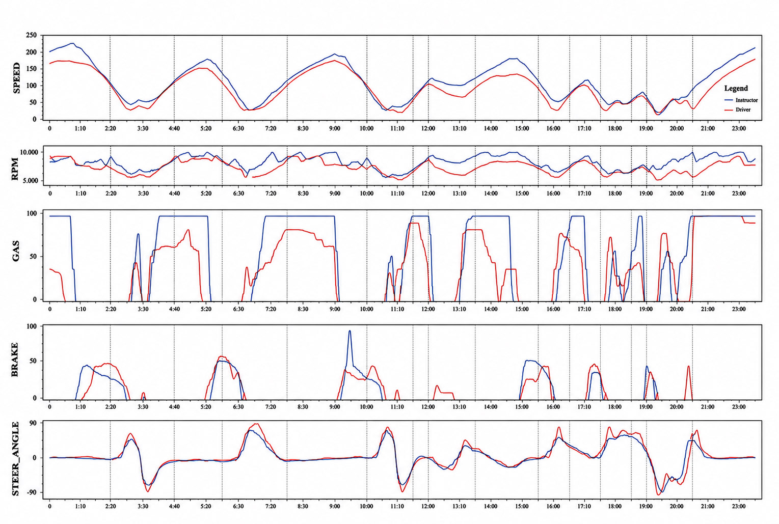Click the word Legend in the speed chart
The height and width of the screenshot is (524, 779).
736,88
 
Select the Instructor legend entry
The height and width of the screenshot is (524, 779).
746,100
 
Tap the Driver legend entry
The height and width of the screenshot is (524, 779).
743,109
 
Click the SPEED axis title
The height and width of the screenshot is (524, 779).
16,78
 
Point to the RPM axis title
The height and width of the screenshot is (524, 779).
15,169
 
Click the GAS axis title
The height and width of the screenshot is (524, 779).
16,251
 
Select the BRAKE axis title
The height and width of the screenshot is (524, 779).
15,360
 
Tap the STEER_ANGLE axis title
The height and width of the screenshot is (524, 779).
16,459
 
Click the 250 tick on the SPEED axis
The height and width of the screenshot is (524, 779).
31,35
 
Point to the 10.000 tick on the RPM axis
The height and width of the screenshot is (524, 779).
29,152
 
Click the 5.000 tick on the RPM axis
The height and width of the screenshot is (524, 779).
31,181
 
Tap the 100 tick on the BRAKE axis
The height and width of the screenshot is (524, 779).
31,326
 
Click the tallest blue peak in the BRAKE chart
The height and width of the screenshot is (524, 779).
350,331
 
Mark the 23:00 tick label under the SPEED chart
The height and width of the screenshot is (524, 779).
739,128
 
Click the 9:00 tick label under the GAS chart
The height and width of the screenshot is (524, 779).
335,309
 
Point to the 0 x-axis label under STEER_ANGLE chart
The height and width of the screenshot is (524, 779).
50,506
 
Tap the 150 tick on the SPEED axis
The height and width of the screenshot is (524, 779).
31,69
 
